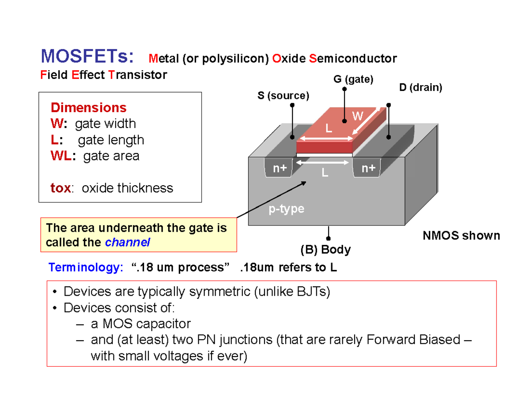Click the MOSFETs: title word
pyautogui.click(x=87, y=57)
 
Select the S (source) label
pyautogui.click(x=284, y=96)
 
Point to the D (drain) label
pyautogui.click(x=420, y=87)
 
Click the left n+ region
pyautogui.click(x=280, y=168)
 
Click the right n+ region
pyautogui.click(x=368, y=168)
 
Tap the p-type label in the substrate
pyautogui.click(x=287, y=209)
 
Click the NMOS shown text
pyautogui.click(x=462, y=236)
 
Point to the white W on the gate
pyautogui.click(x=357, y=116)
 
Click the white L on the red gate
pyautogui.click(x=328, y=128)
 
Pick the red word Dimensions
pyautogui.click(x=89, y=108)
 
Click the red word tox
pyautogui.click(x=60, y=188)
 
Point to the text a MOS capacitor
pyautogui.click(x=140, y=324)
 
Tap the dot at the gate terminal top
pyautogui.click(x=344, y=89)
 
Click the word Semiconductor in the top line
pyautogui.click(x=353, y=58)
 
